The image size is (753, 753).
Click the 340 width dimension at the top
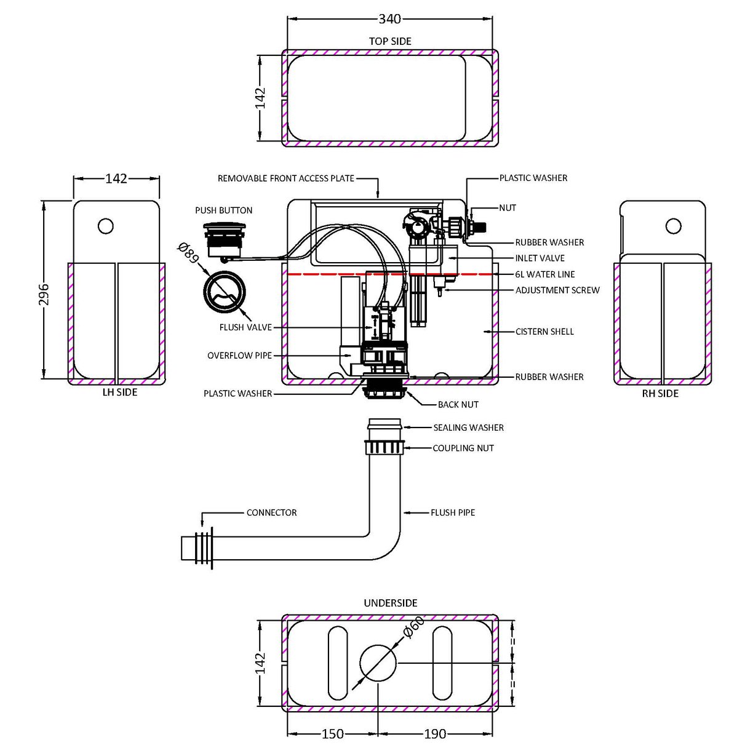[389, 19]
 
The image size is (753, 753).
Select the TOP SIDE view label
[390, 41]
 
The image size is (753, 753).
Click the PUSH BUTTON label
[224, 210]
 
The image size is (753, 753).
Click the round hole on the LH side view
[106, 226]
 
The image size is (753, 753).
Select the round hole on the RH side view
[674, 226]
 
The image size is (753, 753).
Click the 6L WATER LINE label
[544, 274]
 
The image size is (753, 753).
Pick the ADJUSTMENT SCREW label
[557, 290]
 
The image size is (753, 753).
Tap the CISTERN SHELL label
[544, 332]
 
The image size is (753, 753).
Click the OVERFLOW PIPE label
[239, 356]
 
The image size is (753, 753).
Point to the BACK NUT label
[458, 405]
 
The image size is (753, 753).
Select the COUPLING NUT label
[463, 448]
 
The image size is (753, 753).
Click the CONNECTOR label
[271, 512]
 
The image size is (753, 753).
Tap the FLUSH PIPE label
[453, 512]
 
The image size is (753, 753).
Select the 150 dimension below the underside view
[333, 734]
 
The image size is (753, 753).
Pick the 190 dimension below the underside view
[434, 734]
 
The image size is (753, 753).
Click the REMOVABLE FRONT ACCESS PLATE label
[286, 178]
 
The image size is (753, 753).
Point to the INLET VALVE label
[540, 258]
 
